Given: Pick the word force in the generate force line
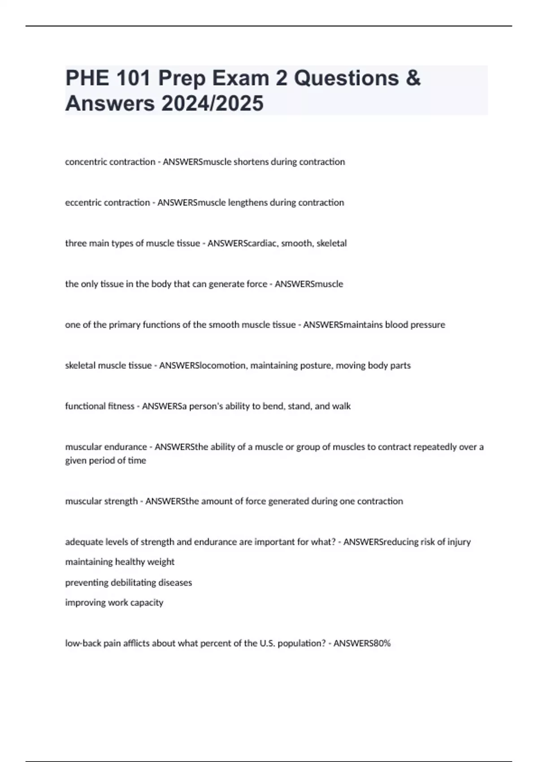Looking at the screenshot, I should click(x=256, y=284).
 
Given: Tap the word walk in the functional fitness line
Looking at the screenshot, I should click(x=342, y=406).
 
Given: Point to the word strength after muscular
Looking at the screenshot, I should click(x=121, y=501).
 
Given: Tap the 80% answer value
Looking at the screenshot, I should click(x=382, y=644).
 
